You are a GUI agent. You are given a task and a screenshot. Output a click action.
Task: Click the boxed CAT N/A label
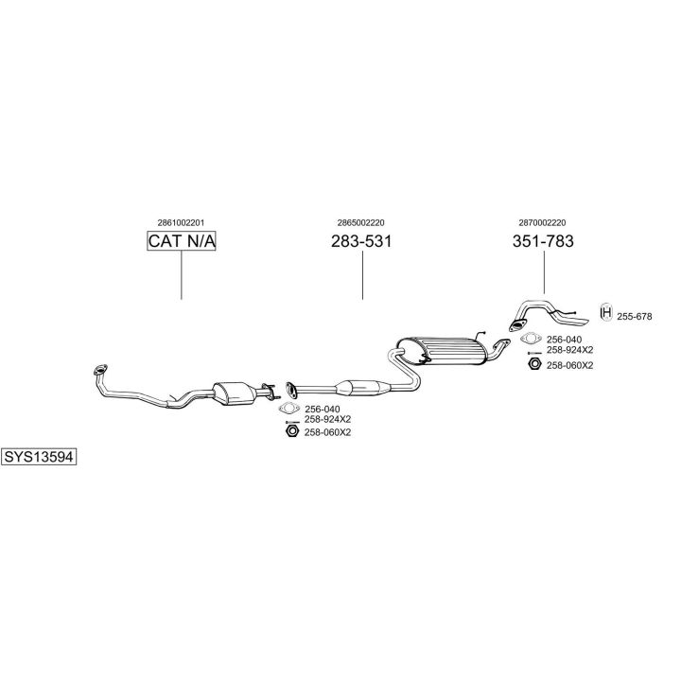(x=181, y=241)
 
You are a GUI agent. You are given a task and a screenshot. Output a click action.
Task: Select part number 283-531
(x=361, y=241)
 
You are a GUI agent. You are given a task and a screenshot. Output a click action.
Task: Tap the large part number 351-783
(x=543, y=241)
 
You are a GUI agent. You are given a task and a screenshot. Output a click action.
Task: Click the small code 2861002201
(x=181, y=223)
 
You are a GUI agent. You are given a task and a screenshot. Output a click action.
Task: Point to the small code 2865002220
(x=361, y=223)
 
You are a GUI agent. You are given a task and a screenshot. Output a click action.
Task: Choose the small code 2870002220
(x=543, y=223)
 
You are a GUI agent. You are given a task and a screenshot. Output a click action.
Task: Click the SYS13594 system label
(x=39, y=457)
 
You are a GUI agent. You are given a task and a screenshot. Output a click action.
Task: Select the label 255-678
(x=634, y=317)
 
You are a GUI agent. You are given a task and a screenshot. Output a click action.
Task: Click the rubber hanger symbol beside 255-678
(x=606, y=312)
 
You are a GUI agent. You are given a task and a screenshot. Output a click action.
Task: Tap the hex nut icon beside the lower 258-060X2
(x=292, y=431)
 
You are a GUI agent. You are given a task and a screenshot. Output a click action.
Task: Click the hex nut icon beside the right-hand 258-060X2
(x=534, y=364)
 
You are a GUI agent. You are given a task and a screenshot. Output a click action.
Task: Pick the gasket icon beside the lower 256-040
(x=289, y=409)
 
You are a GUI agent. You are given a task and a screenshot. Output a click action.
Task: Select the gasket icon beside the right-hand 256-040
(x=531, y=339)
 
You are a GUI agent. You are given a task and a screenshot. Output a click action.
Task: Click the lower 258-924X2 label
(x=327, y=419)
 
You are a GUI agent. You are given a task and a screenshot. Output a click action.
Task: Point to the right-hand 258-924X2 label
(x=569, y=350)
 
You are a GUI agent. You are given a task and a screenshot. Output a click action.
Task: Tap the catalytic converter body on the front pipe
(x=235, y=393)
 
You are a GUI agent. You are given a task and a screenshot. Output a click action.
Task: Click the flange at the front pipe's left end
(x=100, y=370)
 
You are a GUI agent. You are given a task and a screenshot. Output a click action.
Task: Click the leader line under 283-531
(x=362, y=275)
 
